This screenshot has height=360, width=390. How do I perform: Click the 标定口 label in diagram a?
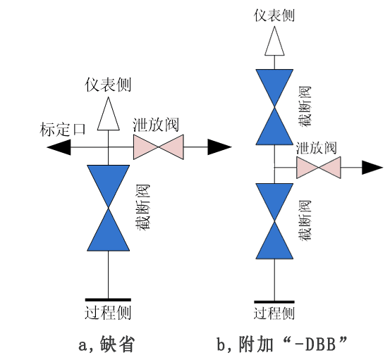(63, 129)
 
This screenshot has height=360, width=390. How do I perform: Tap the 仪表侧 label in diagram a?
(108, 85)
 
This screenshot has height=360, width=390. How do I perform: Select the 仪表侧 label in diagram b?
(274, 15)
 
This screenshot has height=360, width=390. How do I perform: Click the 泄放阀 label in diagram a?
(156, 125)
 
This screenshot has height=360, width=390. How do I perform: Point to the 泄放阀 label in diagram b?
(317, 148)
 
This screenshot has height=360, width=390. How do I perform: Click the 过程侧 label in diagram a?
(108, 312)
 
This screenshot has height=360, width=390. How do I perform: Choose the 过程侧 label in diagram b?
(274, 313)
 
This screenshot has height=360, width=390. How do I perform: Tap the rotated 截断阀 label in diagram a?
(143, 208)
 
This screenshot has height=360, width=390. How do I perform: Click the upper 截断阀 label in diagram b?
(305, 107)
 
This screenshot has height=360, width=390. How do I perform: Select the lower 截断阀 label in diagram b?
(305, 220)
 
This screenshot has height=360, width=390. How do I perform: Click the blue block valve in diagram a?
(108, 208)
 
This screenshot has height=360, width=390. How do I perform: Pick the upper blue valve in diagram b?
(274, 107)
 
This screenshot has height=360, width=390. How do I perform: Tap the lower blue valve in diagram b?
(274, 221)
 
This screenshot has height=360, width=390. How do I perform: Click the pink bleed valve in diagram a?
(159, 147)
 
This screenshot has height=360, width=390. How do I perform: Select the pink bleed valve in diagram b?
(319, 168)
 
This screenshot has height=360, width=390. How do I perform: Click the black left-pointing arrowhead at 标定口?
(59, 147)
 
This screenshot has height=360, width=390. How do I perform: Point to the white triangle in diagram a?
(108, 113)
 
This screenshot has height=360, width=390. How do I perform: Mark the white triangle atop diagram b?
(274, 41)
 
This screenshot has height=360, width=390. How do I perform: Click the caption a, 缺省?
(107, 344)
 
